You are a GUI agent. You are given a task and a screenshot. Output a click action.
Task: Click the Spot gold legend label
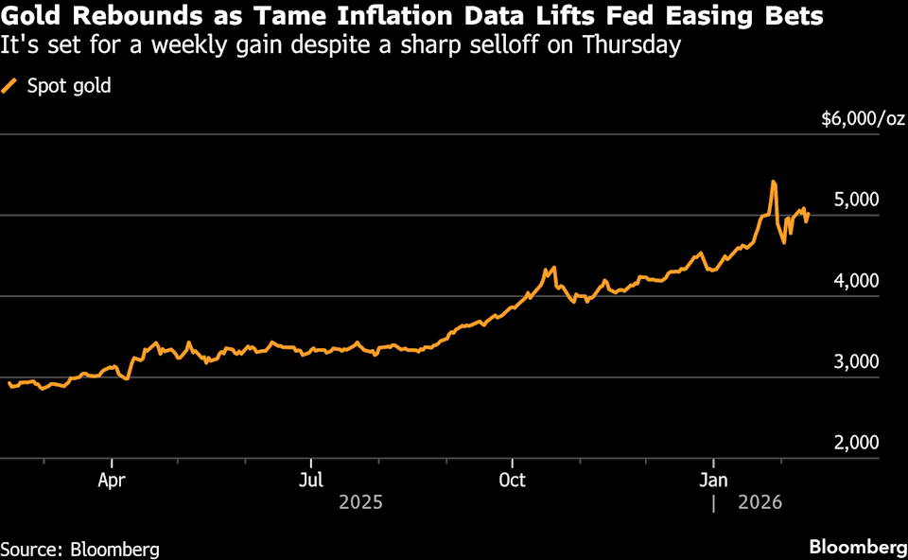(x=70, y=86)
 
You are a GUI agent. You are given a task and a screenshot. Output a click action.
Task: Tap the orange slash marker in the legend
(x=11, y=86)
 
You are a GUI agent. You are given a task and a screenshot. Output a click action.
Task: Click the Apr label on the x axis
(x=112, y=479)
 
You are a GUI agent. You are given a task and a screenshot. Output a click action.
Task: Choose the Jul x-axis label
(x=311, y=479)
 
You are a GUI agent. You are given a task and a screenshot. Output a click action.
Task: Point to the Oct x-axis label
(x=512, y=479)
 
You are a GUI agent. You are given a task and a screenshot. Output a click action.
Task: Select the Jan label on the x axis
(x=713, y=479)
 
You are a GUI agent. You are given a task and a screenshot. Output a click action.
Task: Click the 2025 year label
(x=360, y=502)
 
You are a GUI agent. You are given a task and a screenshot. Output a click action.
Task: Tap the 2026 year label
(x=760, y=502)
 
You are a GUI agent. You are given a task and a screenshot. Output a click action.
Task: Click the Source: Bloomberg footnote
(x=79, y=549)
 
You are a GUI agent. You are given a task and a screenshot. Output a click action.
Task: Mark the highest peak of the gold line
(x=774, y=181)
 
